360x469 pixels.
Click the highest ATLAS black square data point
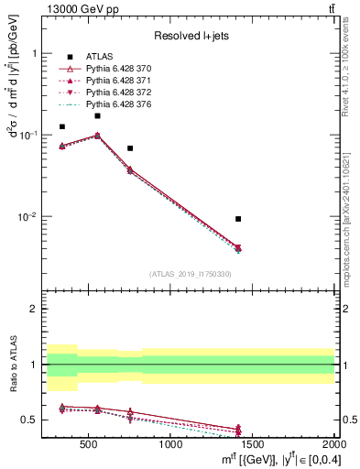pyautogui.click(x=97, y=115)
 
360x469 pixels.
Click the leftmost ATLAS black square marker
pyautogui.click(x=62, y=126)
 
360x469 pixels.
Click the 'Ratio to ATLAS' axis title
pyautogui.click(x=12, y=365)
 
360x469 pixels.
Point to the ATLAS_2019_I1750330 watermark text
pyautogui.click(x=190, y=274)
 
